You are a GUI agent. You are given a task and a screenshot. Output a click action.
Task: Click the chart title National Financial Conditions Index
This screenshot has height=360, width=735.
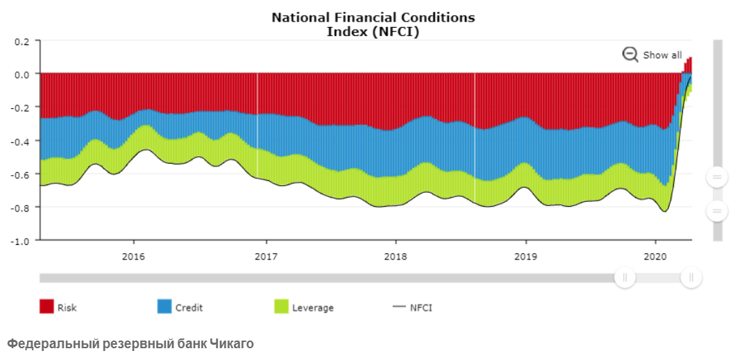click(x=373, y=24)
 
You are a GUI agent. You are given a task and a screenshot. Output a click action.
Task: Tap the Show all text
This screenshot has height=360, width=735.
click(x=662, y=55)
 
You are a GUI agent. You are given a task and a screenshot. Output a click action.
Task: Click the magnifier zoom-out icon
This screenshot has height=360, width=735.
click(x=630, y=55)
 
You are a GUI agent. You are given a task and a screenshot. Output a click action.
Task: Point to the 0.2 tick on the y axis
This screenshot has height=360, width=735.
click(x=22, y=41)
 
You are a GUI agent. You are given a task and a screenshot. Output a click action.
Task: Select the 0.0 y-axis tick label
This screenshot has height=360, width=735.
click(x=22, y=74)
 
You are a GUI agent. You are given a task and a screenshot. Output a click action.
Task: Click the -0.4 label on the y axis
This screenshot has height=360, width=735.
click(x=21, y=141)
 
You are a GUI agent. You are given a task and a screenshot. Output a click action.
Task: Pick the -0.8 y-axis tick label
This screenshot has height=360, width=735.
click(x=21, y=207)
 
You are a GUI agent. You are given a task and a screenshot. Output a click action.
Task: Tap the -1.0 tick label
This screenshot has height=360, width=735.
click(x=21, y=241)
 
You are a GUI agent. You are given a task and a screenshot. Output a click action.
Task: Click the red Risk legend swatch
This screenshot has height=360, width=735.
click(x=47, y=307)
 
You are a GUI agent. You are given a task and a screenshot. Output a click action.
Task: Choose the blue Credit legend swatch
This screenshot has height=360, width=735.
click(x=164, y=307)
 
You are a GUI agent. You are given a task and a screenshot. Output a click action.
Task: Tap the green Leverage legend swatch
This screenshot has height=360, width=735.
click(x=282, y=307)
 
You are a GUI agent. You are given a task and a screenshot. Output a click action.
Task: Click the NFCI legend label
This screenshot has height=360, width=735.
click(x=421, y=307)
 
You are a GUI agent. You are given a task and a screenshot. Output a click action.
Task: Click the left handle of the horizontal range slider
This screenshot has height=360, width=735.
click(x=625, y=278)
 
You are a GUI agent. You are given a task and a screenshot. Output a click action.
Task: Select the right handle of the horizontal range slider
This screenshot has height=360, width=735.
click(x=691, y=278)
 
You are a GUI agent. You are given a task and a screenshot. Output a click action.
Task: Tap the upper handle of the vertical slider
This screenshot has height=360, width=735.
click(x=716, y=178)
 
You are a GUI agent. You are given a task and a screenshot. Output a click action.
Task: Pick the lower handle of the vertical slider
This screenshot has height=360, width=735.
click(x=716, y=211)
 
